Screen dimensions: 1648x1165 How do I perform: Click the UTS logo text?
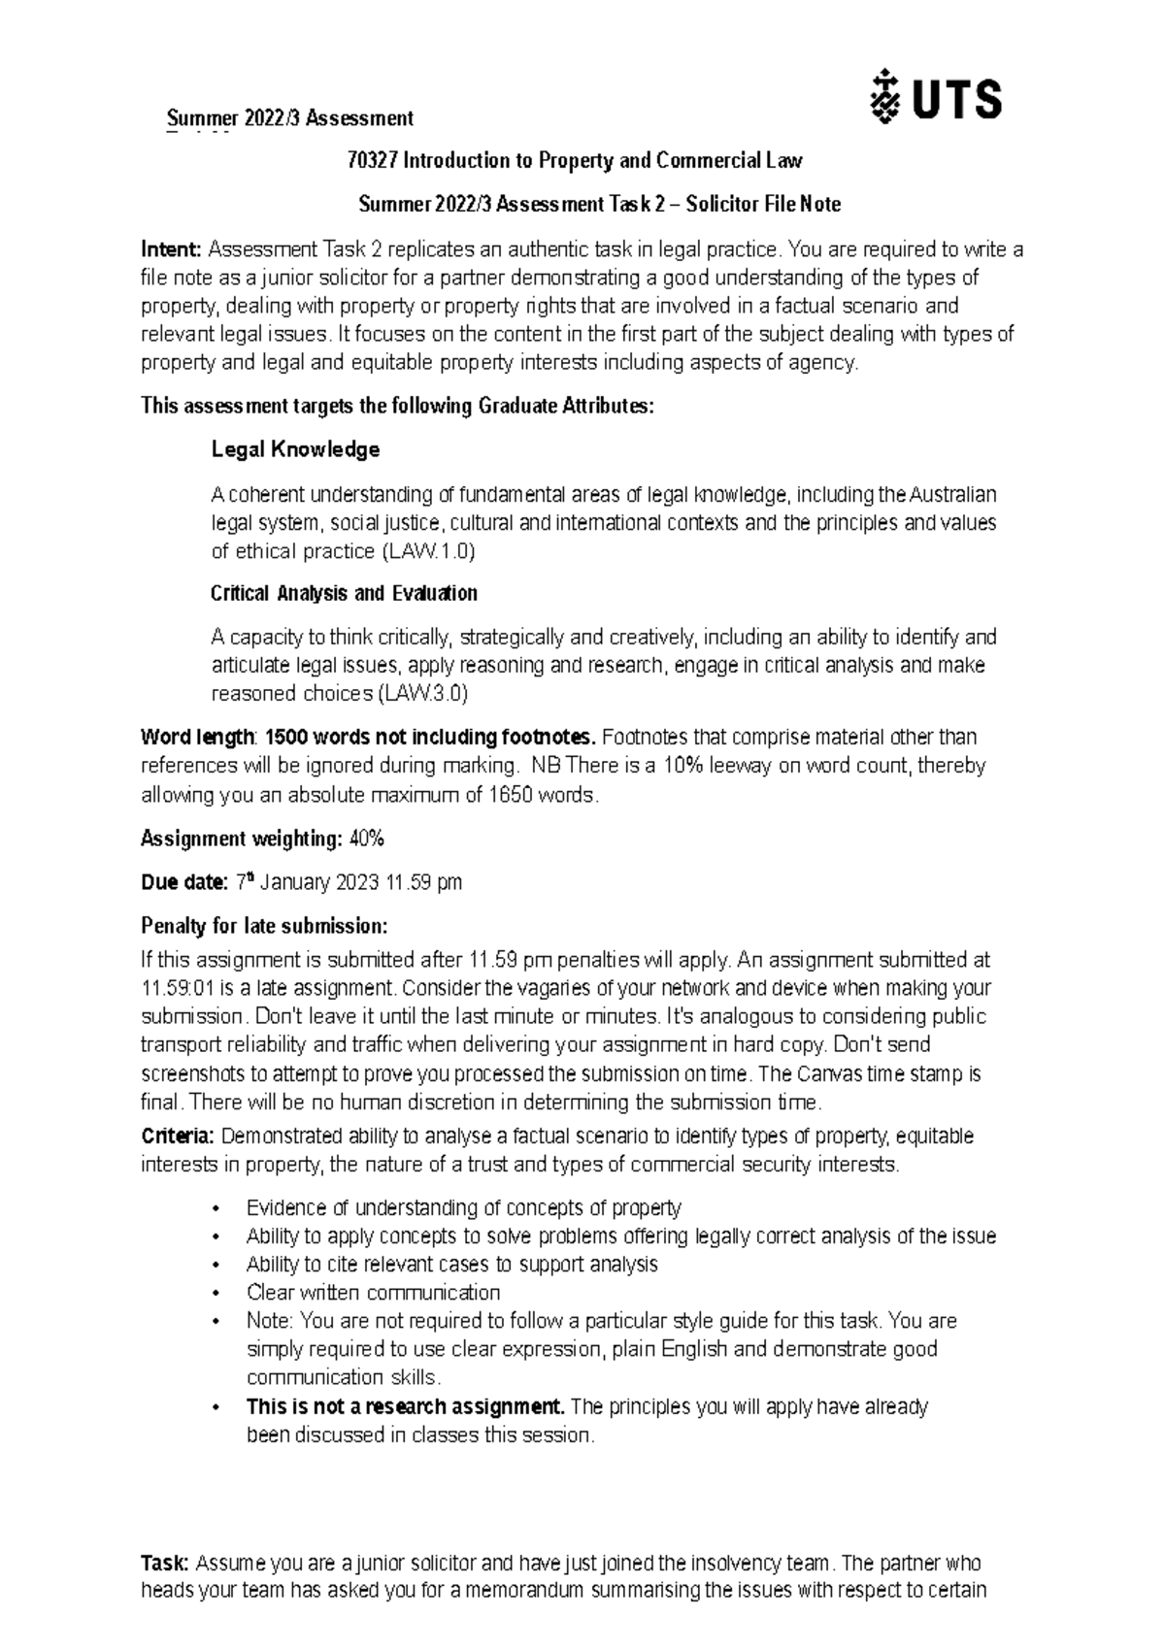957,99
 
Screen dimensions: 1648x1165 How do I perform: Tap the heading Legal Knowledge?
295,450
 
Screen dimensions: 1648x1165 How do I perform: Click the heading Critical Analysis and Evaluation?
344,593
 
